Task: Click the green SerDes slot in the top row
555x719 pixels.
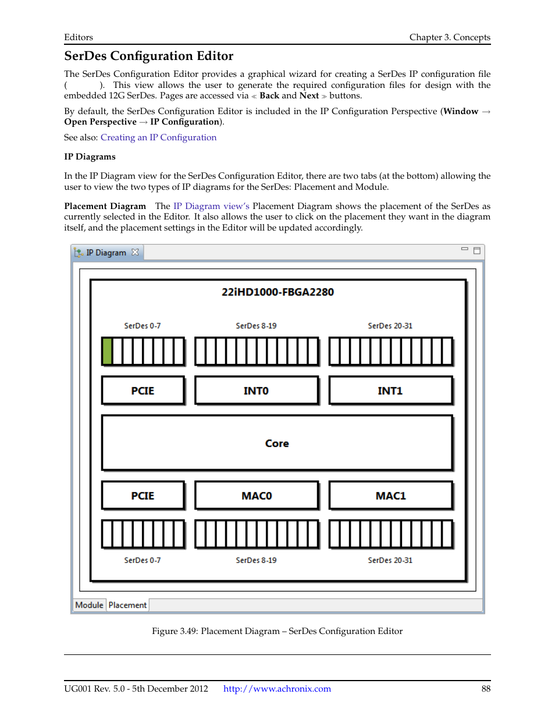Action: (107, 351)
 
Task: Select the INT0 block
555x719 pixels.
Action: (256, 391)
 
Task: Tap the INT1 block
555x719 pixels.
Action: (390, 391)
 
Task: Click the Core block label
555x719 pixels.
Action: (277, 444)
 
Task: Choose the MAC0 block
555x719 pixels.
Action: (257, 496)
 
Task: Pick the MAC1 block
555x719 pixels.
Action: (390, 496)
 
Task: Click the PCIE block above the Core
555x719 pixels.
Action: (143, 391)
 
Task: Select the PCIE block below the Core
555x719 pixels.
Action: (143, 496)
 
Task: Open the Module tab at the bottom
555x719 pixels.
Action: (89, 605)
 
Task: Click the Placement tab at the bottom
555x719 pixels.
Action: (127, 605)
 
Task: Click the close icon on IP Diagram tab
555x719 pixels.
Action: (135, 252)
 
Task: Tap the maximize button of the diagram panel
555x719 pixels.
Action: (476, 250)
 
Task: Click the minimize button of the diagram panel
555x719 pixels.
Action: (464, 249)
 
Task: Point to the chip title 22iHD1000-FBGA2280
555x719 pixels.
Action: (277, 292)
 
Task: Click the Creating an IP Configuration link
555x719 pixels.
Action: (158, 137)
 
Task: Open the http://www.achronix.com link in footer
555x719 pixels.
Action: (277, 689)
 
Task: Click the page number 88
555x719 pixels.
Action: (486, 689)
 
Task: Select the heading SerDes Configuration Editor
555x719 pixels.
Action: (149, 56)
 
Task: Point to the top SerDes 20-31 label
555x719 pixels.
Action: (390, 326)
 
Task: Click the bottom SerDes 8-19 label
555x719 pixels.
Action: (256, 560)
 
